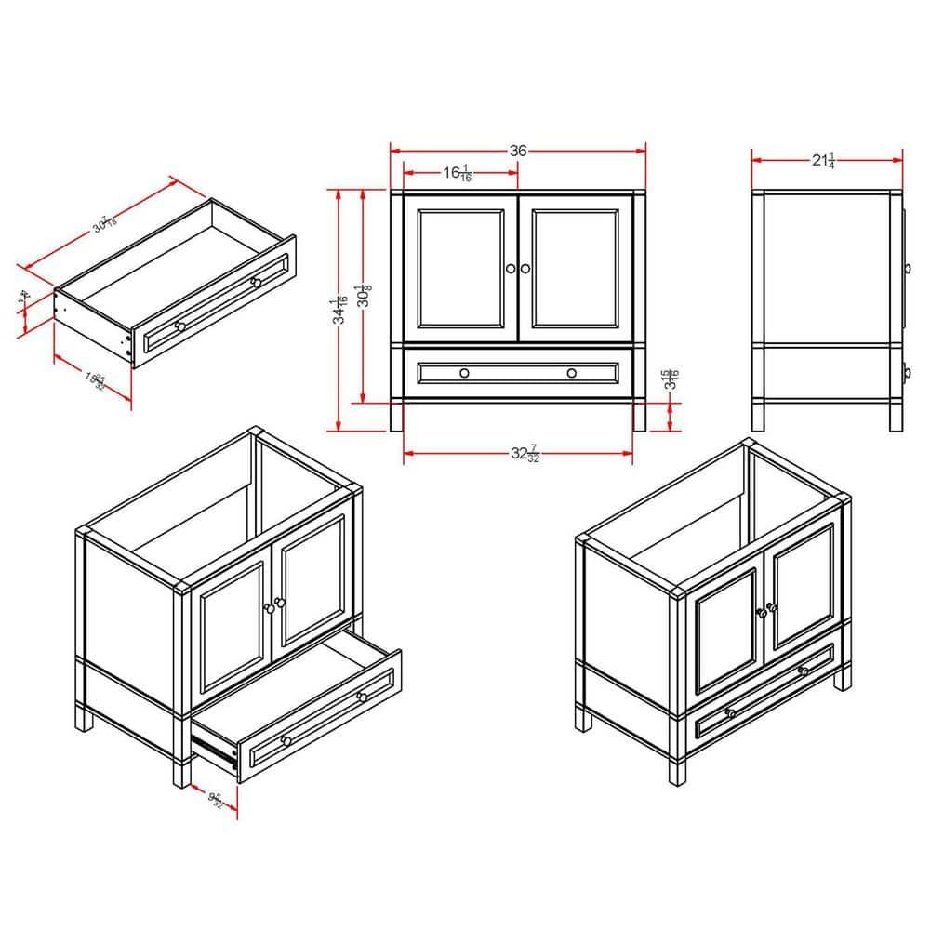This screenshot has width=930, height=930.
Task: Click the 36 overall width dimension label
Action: pyautogui.click(x=518, y=151)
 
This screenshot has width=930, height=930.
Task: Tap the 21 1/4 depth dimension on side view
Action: pyautogui.click(x=824, y=160)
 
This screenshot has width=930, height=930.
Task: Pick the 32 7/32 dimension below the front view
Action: pyautogui.click(x=523, y=454)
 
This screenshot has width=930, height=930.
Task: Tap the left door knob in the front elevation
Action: pyautogui.click(x=510, y=269)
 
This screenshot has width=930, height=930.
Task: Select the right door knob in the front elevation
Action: pyautogui.click(x=525, y=269)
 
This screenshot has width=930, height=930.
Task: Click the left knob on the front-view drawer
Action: pyautogui.click(x=464, y=373)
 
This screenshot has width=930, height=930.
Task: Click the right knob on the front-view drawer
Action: pyautogui.click(x=572, y=373)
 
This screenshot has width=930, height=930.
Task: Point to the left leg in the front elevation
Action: pyautogui.click(x=396, y=417)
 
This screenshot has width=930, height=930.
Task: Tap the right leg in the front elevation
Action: pyautogui.click(x=639, y=417)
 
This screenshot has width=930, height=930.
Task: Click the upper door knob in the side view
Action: pyautogui.click(x=907, y=269)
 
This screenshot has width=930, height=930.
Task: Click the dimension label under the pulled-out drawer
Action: pyautogui.click(x=215, y=799)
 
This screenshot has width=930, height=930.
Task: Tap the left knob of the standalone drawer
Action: pyautogui.click(x=180, y=325)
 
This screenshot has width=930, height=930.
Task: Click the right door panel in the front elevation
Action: pyautogui.click(x=576, y=269)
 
